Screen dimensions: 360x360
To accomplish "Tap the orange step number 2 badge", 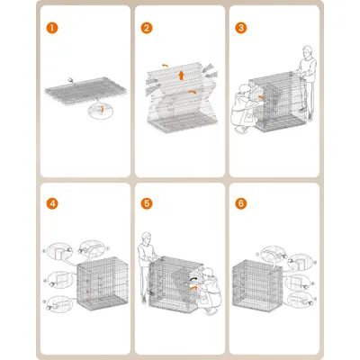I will point(146,27).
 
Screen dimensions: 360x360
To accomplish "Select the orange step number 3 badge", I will point(240,27).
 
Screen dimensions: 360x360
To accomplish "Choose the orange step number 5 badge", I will point(146,203).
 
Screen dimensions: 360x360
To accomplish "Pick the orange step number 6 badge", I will point(240,203).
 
